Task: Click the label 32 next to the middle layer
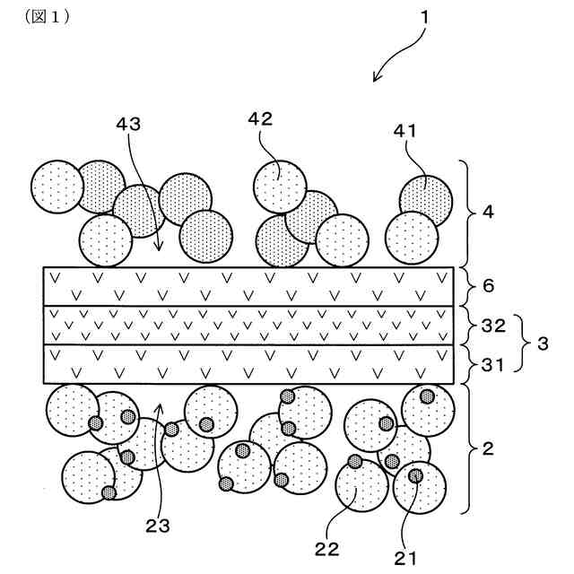pyautogui.click(x=494, y=326)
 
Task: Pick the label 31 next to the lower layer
pyautogui.click(x=493, y=365)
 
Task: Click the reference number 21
pyautogui.click(x=404, y=558)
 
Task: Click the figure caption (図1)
pyautogui.click(x=50, y=17)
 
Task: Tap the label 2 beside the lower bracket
pyautogui.click(x=489, y=448)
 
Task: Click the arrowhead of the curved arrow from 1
pyautogui.click(x=376, y=80)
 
